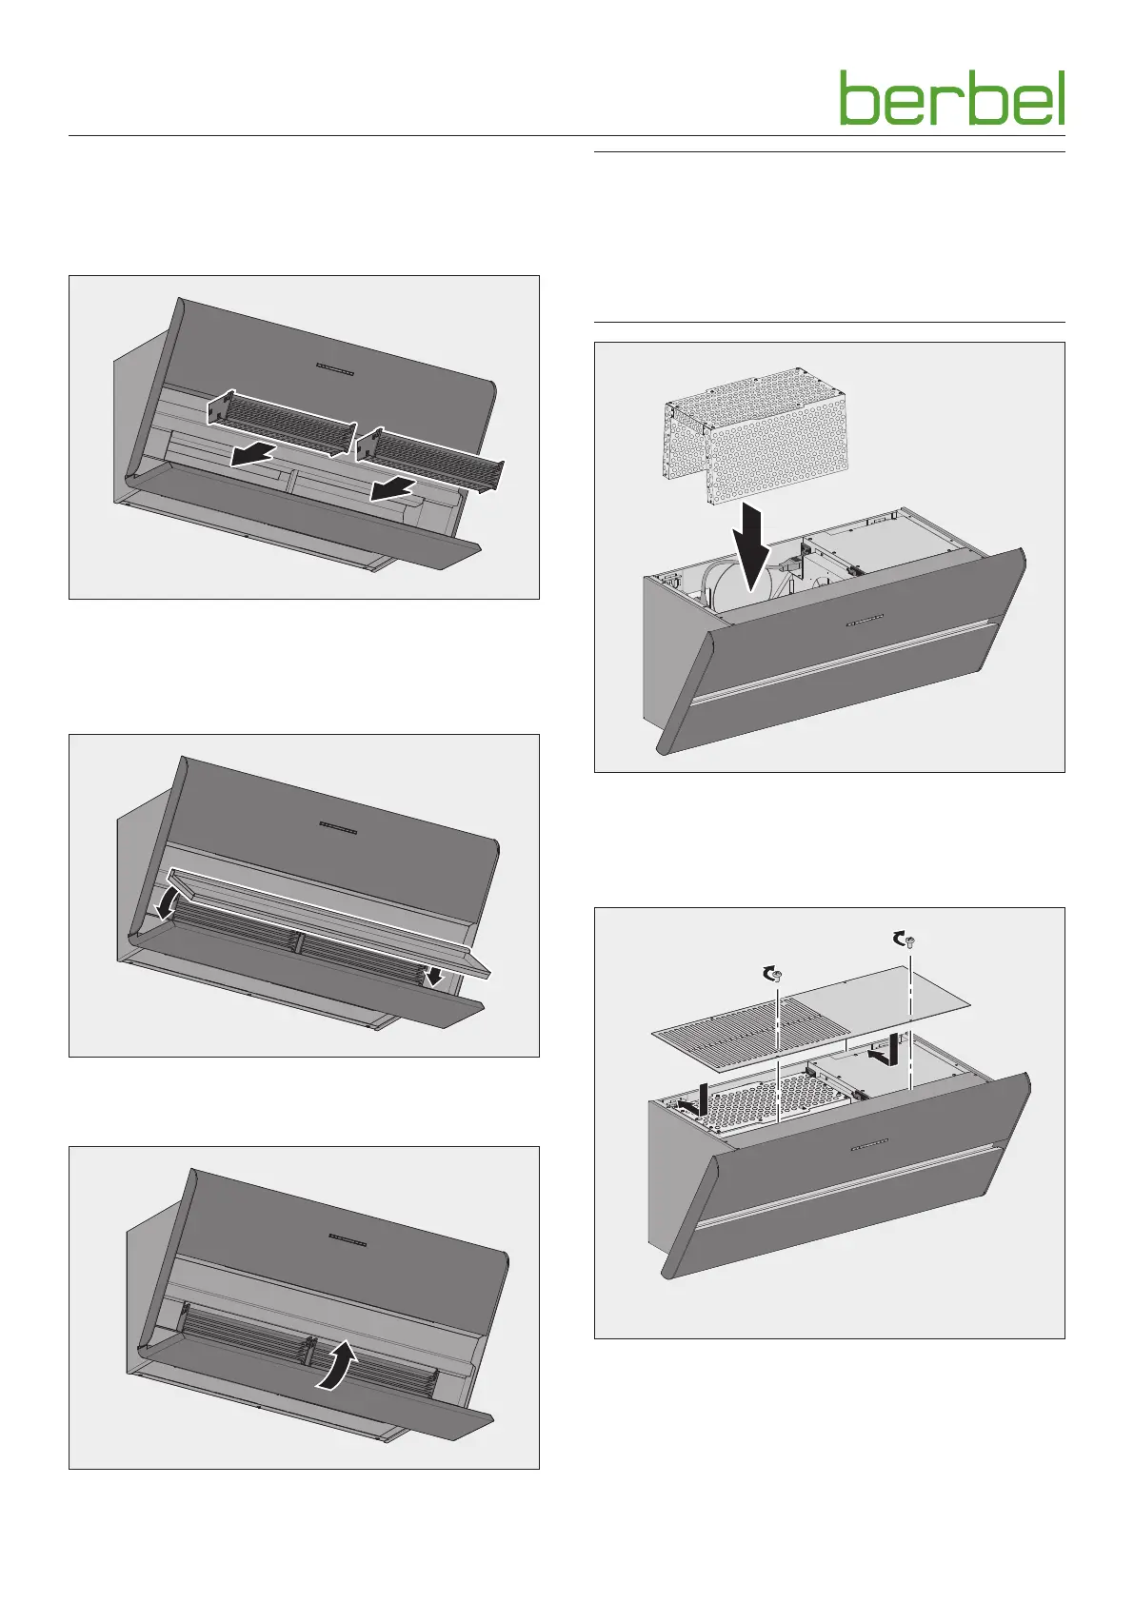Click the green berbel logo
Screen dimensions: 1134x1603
coord(952,97)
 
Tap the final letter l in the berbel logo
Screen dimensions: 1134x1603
coord(1061,97)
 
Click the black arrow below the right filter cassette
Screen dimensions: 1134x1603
coord(393,490)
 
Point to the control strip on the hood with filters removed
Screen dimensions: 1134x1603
coord(335,368)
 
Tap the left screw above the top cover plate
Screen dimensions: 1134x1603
coord(778,975)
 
